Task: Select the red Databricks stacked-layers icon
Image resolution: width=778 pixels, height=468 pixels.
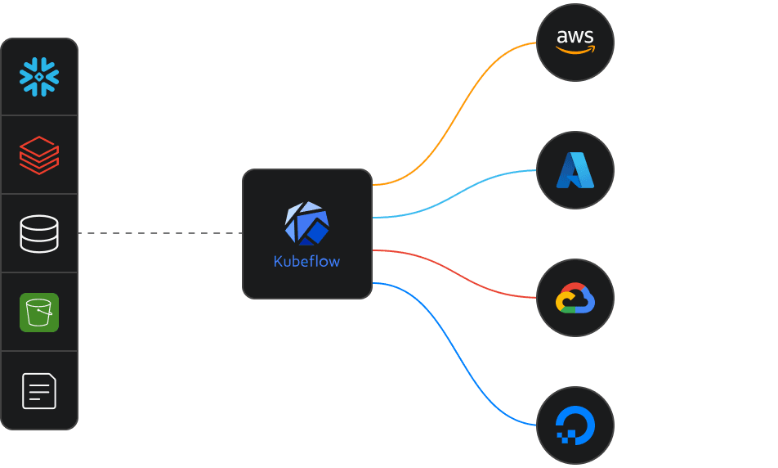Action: click(x=39, y=155)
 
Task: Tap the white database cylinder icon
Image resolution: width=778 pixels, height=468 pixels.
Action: click(x=39, y=233)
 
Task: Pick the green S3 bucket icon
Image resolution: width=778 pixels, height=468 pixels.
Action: click(x=39, y=312)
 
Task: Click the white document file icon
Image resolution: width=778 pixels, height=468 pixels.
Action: click(x=39, y=390)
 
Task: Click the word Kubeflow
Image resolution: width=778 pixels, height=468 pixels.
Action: click(x=306, y=262)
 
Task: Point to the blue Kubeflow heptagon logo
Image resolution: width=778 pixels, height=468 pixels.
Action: click(x=306, y=223)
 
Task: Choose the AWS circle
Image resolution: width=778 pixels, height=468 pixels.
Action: click(x=575, y=42)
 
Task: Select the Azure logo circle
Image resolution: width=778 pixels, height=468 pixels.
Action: click(x=575, y=170)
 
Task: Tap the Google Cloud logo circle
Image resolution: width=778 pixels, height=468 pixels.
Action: click(x=575, y=298)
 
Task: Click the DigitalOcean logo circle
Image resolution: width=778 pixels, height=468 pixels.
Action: click(x=575, y=426)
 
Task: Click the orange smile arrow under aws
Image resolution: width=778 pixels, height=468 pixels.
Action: click(x=575, y=50)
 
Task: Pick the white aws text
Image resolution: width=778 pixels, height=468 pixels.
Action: click(x=575, y=36)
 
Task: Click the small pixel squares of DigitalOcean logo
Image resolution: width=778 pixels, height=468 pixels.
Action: click(x=563, y=435)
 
